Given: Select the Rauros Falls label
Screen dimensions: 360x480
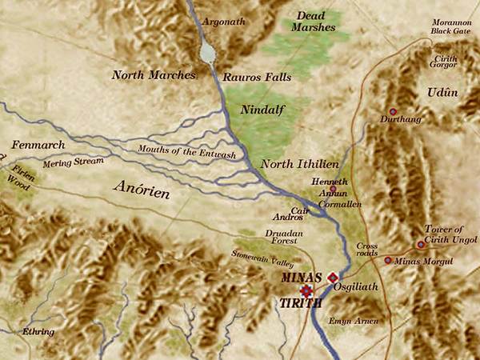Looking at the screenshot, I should pos(257,78).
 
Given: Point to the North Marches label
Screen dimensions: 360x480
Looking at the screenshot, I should pos(154,74).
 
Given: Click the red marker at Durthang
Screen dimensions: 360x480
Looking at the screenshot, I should pos(392,111).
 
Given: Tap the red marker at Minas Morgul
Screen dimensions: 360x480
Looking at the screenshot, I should pos(388,260).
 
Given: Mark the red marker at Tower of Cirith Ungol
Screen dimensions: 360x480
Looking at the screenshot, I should pos(421,245).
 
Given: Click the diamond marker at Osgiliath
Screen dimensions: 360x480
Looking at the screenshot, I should pos(333,277).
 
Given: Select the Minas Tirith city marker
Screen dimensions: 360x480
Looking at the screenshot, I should pos(305,290).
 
